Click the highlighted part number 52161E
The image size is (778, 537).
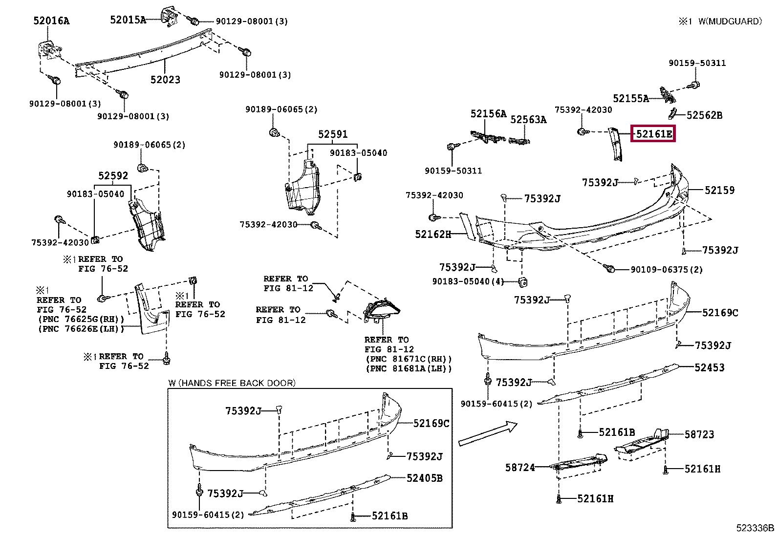point(653,133)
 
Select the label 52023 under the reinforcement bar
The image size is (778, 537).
point(165,80)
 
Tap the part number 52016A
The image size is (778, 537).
point(51,21)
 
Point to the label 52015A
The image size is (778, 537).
point(128,20)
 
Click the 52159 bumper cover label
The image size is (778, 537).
point(719,190)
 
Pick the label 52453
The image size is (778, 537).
point(709,367)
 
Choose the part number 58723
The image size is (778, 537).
point(699,434)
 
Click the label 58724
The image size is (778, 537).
point(520,468)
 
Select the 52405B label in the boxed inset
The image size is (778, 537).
point(424,478)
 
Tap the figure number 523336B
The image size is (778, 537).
point(755,528)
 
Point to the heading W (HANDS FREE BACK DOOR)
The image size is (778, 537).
point(232,383)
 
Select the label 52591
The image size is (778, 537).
point(332,134)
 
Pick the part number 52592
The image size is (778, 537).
point(113,175)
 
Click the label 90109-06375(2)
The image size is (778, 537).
point(666,270)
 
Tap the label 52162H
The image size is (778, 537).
point(432,234)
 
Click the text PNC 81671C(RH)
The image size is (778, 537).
point(409,359)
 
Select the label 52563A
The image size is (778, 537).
point(528,120)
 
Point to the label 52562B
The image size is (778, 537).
point(704,115)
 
